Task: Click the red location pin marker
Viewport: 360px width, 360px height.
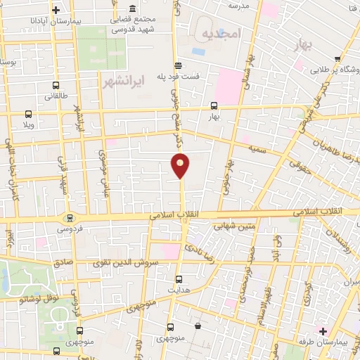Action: click(180, 165)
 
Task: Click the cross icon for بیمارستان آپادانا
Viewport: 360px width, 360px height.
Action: click(56, 10)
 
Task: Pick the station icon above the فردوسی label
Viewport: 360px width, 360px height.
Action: click(69, 217)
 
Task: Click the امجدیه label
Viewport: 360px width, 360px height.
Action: click(220, 34)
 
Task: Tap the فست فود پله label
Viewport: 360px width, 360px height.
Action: click(198, 75)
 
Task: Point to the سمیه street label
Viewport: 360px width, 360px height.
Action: click(256, 148)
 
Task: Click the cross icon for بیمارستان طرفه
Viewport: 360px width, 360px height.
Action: click(323, 330)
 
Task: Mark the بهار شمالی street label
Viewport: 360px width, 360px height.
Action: click(247, 77)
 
